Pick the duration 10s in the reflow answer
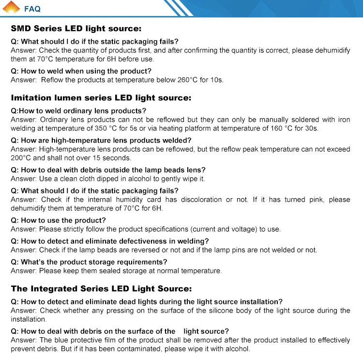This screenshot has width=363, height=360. click(x=216, y=80)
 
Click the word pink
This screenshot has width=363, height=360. click(x=302, y=200)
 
